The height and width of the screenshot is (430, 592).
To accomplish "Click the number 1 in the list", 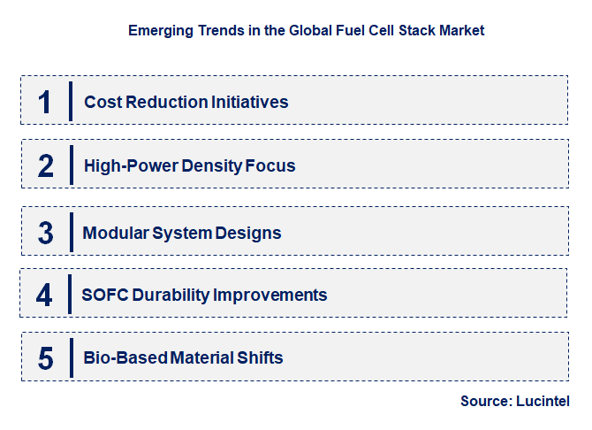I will (x=45, y=102).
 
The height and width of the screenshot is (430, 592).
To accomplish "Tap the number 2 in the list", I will (x=46, y=165).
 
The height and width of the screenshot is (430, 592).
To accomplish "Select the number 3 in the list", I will (x=46, y=233).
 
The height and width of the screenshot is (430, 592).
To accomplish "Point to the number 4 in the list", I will (x=44, y=295).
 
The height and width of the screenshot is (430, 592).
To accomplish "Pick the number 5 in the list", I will (x=46, y=358).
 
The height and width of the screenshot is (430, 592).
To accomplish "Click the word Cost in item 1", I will (x=102, y=102).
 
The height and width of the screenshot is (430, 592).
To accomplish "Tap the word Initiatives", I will (x=249, y=102).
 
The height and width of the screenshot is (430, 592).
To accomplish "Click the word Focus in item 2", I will (x=272, y=165).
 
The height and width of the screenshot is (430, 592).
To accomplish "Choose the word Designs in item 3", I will (x=250, y=234).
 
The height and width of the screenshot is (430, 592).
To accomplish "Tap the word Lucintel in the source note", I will (x=543, y=401).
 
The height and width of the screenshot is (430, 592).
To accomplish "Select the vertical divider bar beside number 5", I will (x=71, y=357).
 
